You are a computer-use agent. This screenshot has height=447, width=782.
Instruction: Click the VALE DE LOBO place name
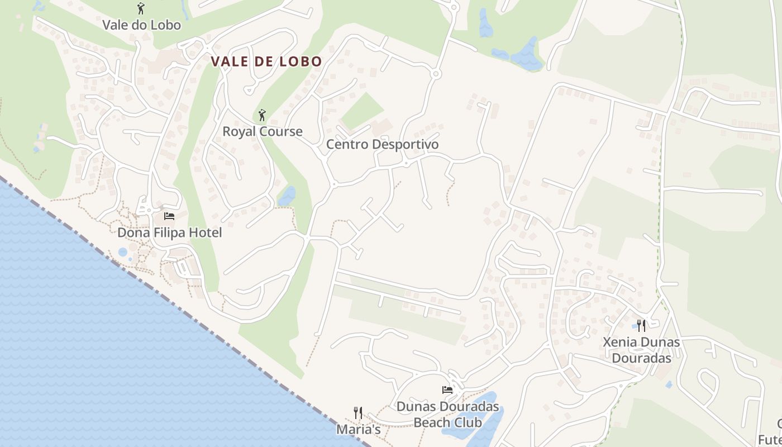pos(266,61)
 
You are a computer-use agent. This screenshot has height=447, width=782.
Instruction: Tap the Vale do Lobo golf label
pos(141,25)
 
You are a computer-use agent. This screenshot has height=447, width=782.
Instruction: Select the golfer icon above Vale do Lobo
pos(141,8)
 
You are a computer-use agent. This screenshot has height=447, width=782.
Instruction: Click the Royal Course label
pos(263,131)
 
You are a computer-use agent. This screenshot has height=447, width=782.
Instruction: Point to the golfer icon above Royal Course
pos(262,115)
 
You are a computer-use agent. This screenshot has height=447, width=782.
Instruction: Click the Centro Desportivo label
pos(382,144)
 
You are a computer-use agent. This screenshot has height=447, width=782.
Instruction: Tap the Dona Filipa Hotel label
pos(169,232)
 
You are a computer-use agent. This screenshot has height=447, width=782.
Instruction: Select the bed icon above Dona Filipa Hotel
pos(169,216)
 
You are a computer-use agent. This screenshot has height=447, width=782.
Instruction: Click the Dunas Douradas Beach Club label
pos(447,414)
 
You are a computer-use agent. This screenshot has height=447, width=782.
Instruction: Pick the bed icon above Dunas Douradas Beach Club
pos(447,389)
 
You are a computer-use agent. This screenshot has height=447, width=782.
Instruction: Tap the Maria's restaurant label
pos(358,429)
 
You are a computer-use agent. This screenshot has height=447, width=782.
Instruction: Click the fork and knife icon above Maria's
pos(358,413)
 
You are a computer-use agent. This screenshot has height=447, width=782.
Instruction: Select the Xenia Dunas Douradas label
pos(641,349)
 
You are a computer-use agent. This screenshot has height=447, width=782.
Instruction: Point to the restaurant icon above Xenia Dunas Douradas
pos(641,325)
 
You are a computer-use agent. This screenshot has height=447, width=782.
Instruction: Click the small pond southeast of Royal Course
pos(287,196)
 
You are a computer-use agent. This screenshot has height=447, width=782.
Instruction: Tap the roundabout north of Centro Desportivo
pos(436,74)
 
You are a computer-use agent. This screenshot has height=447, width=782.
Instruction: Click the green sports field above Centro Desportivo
pos(363,111)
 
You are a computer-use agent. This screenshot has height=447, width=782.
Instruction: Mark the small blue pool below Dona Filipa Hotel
pos(123,252)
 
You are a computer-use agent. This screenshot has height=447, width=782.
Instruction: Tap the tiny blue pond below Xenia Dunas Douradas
pos(669,384)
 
